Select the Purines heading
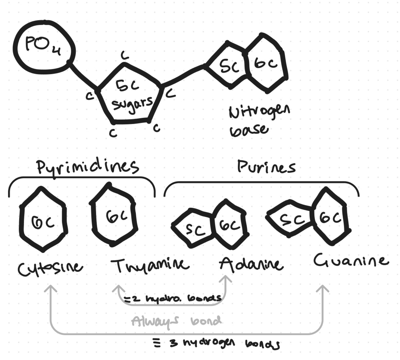(x=266, y=167)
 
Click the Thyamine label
(x=150, y=265)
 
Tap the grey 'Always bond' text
(x=176, y=321)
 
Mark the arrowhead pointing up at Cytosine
(x=51, y=288)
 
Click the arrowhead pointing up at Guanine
(x=323, y=288)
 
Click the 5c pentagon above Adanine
(x=194, y=228)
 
